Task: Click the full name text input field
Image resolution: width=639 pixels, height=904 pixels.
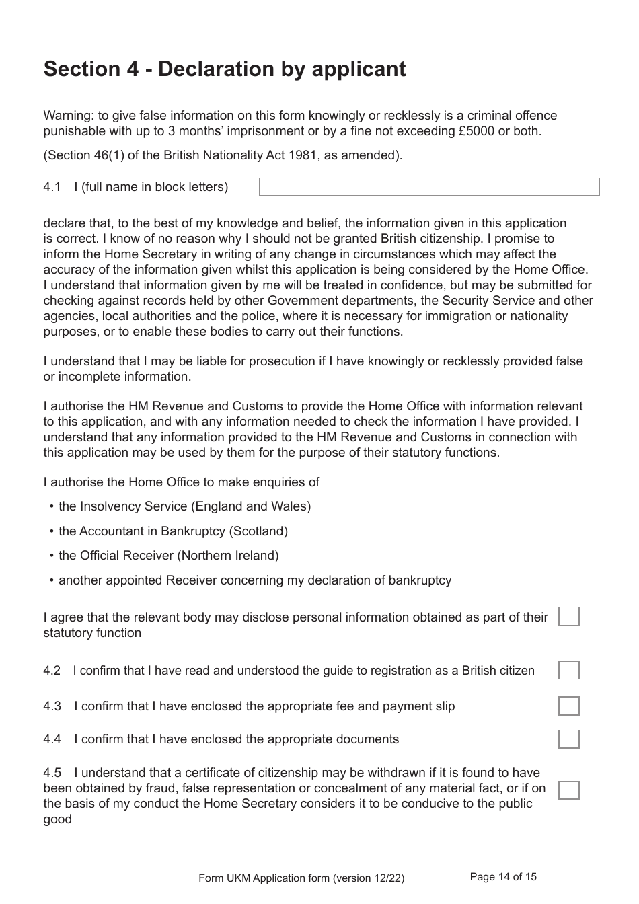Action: click(x=429, y=187)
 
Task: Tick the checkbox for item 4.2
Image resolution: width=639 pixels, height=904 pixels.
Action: click(x=568, y=670)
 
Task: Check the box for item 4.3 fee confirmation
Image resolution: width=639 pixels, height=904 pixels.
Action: click(x=568, y=706)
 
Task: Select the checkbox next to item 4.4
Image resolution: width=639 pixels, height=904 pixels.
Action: click(x=568, y=739)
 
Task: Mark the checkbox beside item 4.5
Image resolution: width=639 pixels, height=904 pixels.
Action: click(x=568, y=790)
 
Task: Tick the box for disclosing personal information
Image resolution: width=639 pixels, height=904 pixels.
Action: click(x=568, y=616)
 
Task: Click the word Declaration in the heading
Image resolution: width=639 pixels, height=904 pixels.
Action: click(x=215, y=69)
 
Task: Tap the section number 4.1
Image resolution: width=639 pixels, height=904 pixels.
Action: click(x=52, y=187)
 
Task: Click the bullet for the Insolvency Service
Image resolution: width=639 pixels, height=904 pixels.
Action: click(x=52, y=506)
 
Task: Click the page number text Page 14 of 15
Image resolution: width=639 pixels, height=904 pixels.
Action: click(x=503, y=876)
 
